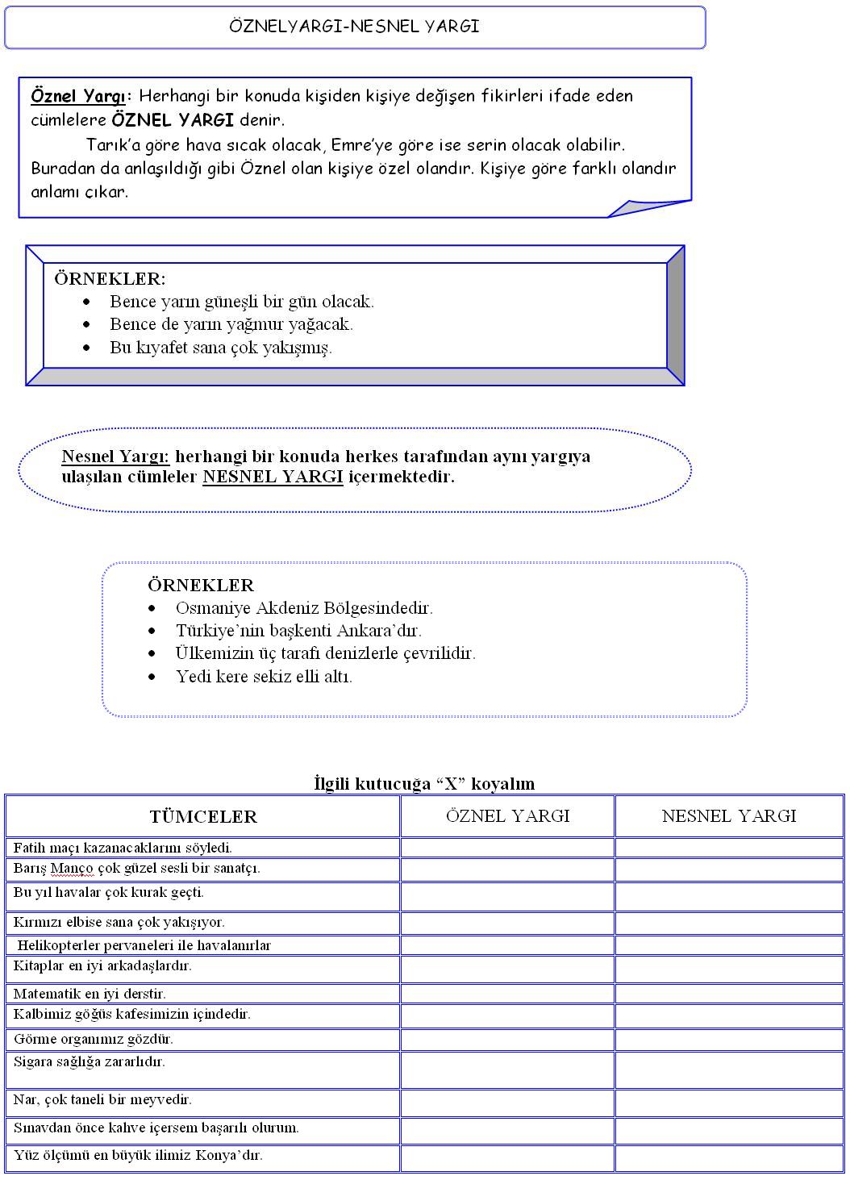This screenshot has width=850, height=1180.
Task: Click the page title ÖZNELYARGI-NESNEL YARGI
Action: coord(354,27)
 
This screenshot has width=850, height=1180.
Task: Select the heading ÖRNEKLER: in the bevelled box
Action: coord(110,279)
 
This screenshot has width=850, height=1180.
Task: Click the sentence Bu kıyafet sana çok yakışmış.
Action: coord(221,348)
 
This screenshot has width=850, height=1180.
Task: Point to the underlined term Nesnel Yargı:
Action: coord(115,457)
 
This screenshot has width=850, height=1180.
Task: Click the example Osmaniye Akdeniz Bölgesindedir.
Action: coord(304,608)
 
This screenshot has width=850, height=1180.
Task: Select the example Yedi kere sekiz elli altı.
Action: coord(264,676)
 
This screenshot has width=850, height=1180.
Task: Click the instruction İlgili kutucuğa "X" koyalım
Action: coord(424,783)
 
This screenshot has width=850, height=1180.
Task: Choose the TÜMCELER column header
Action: coord(203,817)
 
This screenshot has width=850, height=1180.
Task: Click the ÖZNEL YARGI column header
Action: coord(507,816)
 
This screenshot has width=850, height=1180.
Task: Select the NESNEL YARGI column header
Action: coord(729,816)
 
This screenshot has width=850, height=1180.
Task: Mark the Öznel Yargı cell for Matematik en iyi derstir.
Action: coord(507,994)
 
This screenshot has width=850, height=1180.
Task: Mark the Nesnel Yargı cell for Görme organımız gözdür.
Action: coord(729,1040)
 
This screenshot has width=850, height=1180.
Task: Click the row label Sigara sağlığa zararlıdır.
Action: coord(90,1061)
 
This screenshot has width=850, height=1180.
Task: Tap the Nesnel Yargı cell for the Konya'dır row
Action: coord(729,1157)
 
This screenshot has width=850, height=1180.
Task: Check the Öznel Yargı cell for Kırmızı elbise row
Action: coord(507,923)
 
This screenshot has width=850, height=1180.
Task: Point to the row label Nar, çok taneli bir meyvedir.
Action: coord(102,1099)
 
